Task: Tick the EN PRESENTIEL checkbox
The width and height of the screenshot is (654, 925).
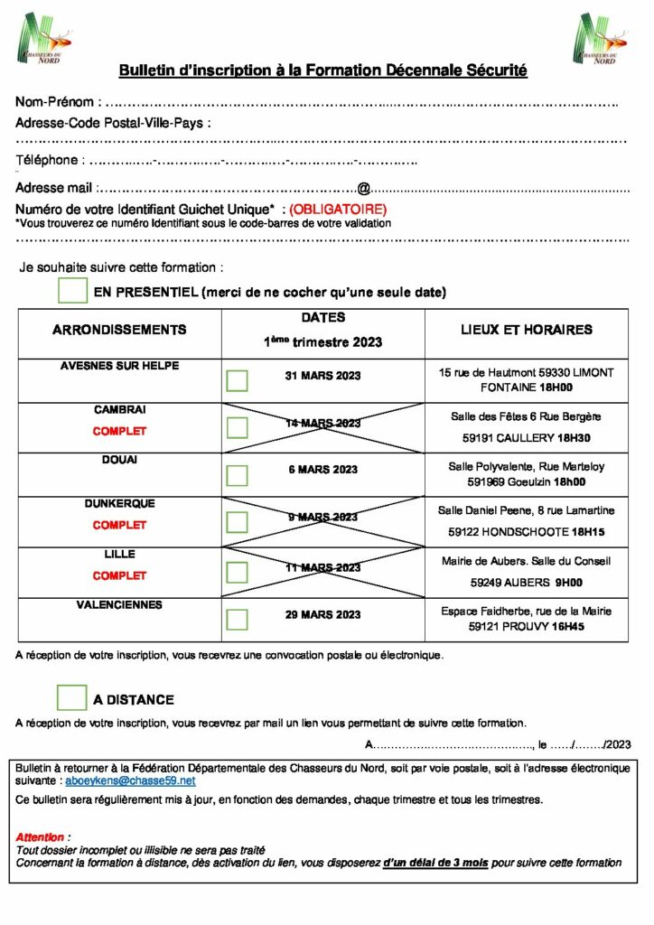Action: tap(71, 291)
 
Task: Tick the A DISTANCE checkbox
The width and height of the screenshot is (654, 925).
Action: tap(71, 697)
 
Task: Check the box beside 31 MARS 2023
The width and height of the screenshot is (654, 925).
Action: tap(237, 380)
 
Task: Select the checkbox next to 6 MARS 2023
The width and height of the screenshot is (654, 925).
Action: tap(237, 475)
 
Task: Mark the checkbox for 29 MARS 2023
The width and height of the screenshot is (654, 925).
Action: tap(237, 619)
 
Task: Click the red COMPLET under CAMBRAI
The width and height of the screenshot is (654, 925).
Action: tap(119, 432)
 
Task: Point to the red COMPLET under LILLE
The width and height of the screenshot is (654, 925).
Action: tap(119, 575)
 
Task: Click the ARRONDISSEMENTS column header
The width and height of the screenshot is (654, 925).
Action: tap(119, 330)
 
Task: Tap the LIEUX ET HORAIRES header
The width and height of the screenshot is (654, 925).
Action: tap(527, 330)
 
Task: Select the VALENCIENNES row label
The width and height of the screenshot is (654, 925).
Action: tap(119, 605)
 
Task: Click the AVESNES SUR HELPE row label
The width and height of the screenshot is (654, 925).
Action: tap(119, 366)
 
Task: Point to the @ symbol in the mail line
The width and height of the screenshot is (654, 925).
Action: tap(364, 189)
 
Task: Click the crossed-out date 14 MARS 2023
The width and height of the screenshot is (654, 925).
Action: tap(322, 423)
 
